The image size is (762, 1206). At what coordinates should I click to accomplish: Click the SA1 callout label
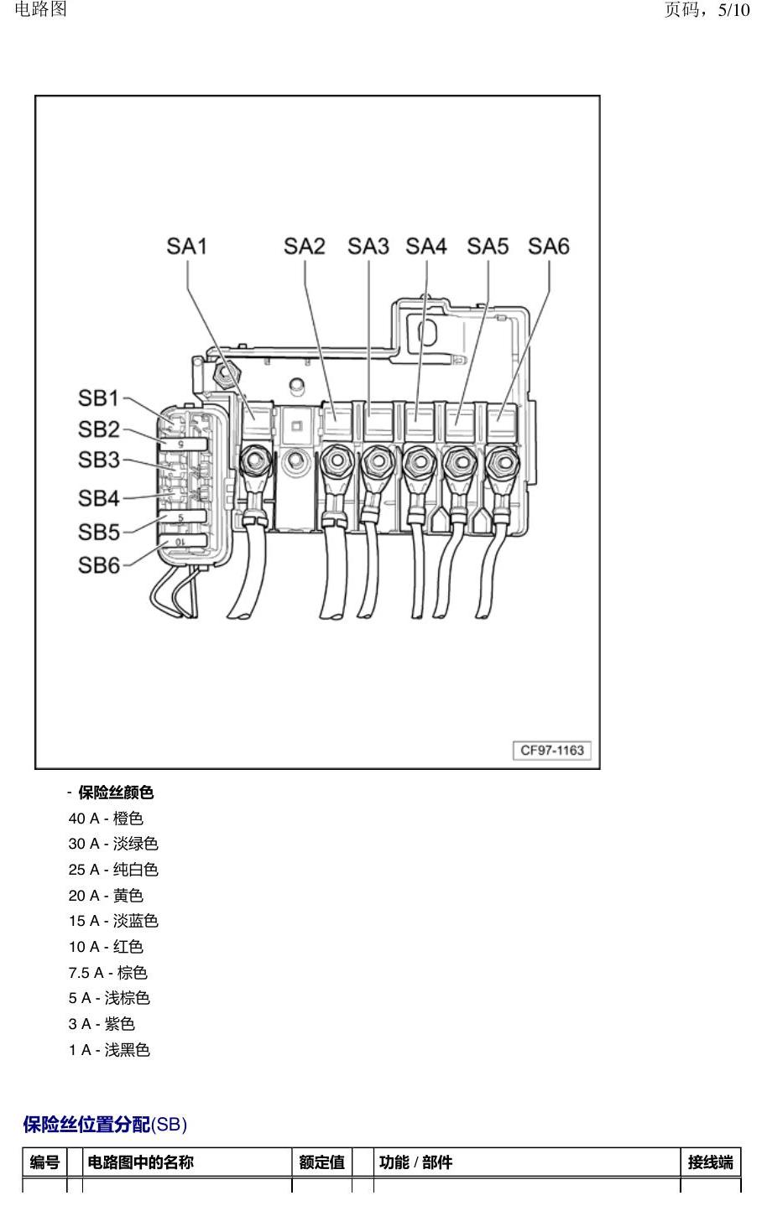pyautogui.click(x=186, y=246)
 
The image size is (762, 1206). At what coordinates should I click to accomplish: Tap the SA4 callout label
pyautogui.click(x=425, y=246)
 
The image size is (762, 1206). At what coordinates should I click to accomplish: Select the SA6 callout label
pyautogui.click(x=549, y=246)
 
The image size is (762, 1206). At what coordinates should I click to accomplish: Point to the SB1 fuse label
pyautogui.click(x=98, y=398)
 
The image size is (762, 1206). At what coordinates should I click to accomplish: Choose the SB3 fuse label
pyautogui.click(x=99, y=460)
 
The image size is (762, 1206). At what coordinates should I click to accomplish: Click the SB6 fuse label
pyautogui.click(x=99, y=565)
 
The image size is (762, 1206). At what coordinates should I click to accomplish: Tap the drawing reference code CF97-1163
pyautogui.click(x=552, y=751)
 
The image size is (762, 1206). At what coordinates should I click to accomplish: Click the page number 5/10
pyautogui.click(x=733, y=10)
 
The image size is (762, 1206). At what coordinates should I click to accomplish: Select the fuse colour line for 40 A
pyautogui.click(x=106, y=819)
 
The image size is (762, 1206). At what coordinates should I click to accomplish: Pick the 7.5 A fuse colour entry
pyautogui.click(x=107, y=973)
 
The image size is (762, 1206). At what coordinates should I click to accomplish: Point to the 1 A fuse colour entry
pyautogui.click(x=109, y=1050)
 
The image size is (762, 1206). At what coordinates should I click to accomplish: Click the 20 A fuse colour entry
pyautogui.click(x=106, y=896)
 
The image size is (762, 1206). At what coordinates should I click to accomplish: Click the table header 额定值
pyautogui.click(x=321, y=1162)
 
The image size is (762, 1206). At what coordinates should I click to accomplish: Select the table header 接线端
pyautogui.click(x=710, y=1162)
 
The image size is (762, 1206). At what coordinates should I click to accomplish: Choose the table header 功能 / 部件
pyautogui.click(x=415, y=1162)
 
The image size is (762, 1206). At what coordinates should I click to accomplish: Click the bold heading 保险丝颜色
pyautogui.click(x=116, y=793)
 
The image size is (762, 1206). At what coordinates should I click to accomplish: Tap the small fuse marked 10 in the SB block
pyautogui.click(x=183, y=541)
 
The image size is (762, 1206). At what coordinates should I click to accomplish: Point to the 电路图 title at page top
pyautogui.click(x=40, y=9)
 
